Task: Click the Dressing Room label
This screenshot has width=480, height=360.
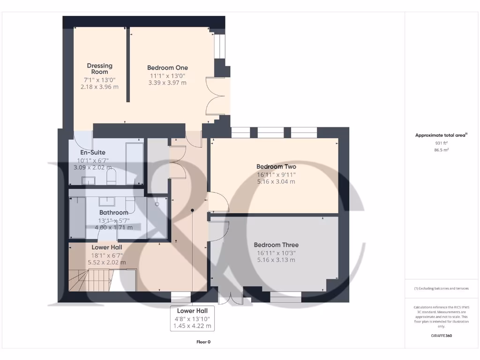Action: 99,69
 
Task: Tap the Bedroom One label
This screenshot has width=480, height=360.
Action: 167,67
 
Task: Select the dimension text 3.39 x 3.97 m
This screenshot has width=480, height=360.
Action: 167,83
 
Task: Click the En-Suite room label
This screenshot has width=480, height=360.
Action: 93,152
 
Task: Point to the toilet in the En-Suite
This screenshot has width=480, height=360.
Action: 112,178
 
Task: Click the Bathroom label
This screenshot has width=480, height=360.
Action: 113,212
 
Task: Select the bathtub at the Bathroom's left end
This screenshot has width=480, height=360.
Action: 77,217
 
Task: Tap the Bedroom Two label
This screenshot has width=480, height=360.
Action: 276,166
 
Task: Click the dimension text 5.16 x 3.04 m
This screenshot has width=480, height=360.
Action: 276,181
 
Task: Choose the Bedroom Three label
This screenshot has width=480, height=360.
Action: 276,245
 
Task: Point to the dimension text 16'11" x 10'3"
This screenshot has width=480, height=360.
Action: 276,253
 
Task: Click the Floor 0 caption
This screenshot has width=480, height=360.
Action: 203,342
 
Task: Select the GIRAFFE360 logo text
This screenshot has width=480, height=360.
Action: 442,336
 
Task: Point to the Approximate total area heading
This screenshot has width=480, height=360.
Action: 441,135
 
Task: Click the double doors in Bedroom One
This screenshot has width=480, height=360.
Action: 217,97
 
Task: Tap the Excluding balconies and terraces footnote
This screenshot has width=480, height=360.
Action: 441,288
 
